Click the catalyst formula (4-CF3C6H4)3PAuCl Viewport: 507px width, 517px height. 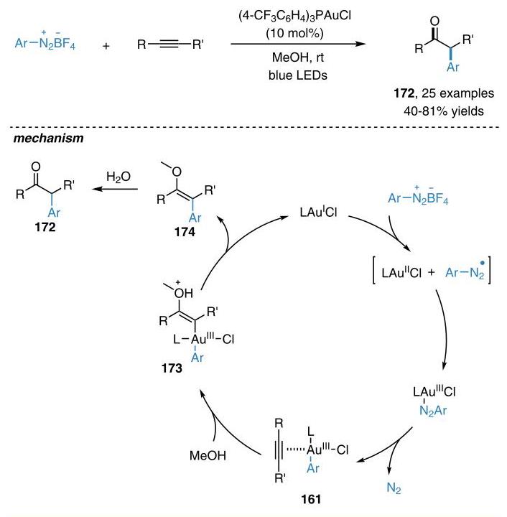(294, 16)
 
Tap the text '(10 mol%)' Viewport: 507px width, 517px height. (294, 33)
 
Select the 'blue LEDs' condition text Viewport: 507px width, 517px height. (298, 75)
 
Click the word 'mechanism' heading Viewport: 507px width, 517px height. (48, 138)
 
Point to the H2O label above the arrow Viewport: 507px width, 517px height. (118, 177)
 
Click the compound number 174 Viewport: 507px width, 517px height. (185, 232)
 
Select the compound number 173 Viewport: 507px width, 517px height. (172, 368)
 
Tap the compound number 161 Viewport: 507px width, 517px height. (310, 499)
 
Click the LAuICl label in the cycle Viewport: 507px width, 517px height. (318, 212)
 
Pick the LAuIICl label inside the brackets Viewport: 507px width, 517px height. (401, 273)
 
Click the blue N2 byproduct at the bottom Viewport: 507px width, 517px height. (394, 488)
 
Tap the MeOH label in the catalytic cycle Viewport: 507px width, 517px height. (208, 456)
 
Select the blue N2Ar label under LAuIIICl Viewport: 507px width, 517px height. (433, 411)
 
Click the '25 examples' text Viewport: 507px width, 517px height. (458, 93)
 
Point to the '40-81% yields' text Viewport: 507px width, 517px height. (444, 111)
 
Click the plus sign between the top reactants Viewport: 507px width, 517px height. (106, 46)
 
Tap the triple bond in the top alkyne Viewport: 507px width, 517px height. (169, 44)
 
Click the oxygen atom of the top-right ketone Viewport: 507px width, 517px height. (434, 21)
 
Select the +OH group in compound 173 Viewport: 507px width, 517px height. (183, 292)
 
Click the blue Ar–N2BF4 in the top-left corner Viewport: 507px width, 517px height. (45, 42)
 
